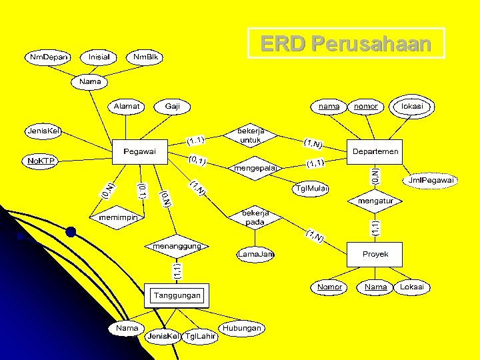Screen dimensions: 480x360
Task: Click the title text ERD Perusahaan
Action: [x=346, y=44]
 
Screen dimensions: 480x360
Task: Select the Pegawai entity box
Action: [x=139, y=151]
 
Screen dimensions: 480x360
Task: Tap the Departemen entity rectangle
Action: [x=375, y=151]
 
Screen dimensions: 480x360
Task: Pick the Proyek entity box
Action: [x=375, y=254]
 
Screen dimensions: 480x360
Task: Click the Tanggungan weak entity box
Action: [x=177, y=295]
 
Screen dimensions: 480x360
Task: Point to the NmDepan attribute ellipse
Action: [x=49, y=57]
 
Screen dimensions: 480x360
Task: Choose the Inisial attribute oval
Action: [x=99, y=57]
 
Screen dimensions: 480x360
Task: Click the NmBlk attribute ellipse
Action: [x=145, y=57]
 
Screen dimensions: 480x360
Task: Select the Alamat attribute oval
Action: [x=127, y=106]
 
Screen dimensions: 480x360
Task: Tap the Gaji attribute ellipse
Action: [x=173, y=106]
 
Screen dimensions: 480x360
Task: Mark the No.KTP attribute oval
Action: [x=41, y=161]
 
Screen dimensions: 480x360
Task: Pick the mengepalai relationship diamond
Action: [x=256, y=168]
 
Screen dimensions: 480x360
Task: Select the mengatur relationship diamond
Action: [x=375, y=200]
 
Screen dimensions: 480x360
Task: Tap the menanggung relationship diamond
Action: [x=177, y=246]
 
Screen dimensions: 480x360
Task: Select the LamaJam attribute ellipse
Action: [x=257, y=254]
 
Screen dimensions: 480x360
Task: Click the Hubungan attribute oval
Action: [x=242, y=328]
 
